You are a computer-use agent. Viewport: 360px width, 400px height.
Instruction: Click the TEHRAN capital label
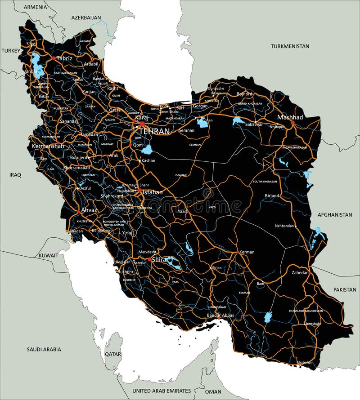154,131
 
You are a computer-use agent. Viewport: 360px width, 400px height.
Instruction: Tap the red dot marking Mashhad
292,122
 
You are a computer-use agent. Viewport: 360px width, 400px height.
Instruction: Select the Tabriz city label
64,58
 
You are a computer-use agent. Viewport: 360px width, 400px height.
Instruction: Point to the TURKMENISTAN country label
290,46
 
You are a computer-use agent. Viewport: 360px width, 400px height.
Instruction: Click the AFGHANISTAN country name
335,215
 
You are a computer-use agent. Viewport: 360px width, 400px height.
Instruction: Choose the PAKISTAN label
345,290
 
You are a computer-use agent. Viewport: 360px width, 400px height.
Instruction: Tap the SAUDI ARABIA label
44,349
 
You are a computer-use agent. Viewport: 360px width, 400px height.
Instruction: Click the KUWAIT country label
48,255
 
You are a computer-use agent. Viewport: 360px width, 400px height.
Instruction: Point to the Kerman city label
247,252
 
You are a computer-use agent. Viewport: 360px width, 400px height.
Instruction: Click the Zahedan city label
300,272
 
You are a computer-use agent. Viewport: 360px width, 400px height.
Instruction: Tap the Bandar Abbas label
220,316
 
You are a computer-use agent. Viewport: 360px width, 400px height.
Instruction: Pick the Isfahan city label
153,192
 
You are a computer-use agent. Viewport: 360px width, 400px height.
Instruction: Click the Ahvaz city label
89,209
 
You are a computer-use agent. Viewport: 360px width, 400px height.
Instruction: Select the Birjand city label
272,196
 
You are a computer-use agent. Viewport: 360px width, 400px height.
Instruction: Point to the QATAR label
113,354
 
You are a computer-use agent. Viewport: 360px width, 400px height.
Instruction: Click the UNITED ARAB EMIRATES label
162,391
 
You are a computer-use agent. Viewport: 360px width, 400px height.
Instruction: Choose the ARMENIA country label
36,7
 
